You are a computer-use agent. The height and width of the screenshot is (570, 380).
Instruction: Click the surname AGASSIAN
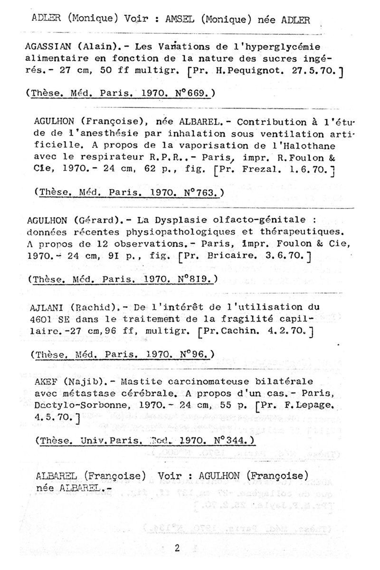48,47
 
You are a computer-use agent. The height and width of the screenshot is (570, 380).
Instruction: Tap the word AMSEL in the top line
180,20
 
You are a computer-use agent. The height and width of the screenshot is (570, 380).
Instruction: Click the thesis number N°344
230,440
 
